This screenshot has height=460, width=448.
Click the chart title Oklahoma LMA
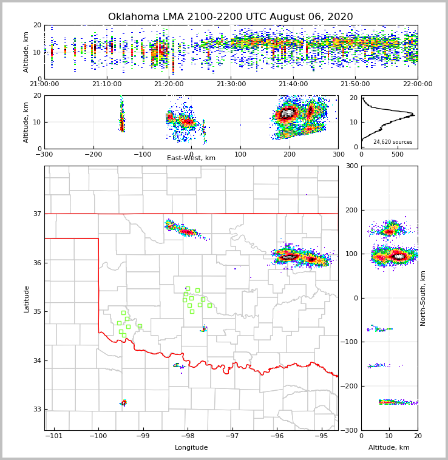pyautogui.click(x=230, y=17)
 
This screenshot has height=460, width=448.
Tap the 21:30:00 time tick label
pyautogui.click(x=231, y=84)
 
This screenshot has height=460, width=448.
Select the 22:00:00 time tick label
pyautogui.click(x=418, y=84)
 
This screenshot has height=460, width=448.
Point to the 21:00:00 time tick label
pyautogui.click(x=44, y=84)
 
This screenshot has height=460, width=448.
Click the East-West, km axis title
pyautogui.click(x=191, y=158)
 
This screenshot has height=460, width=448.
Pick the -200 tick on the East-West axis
pyautogui.click(x=93, y=154)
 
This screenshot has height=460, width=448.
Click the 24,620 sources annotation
pyautogui.click(x=393, y=142)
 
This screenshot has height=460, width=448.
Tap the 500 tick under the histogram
pyautogui.click(x=397, y=154)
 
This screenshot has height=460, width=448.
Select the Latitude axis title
pyautogui.click(x=26, y=299)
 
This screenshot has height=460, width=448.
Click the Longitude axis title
pyautogui.click(x=191, y=448)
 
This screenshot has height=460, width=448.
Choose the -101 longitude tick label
pyautogui.click(x=53, y=436)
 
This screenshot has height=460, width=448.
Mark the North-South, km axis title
pyautogui.click(x=424, y=298)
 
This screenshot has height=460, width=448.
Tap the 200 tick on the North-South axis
pyautogui.click(x=368, y=210)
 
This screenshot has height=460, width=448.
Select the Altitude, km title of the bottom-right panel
pyautogui.click(x=389, y=448)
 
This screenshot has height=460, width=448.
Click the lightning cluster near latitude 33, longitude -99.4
pyautogui.click(x=123, y=402)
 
